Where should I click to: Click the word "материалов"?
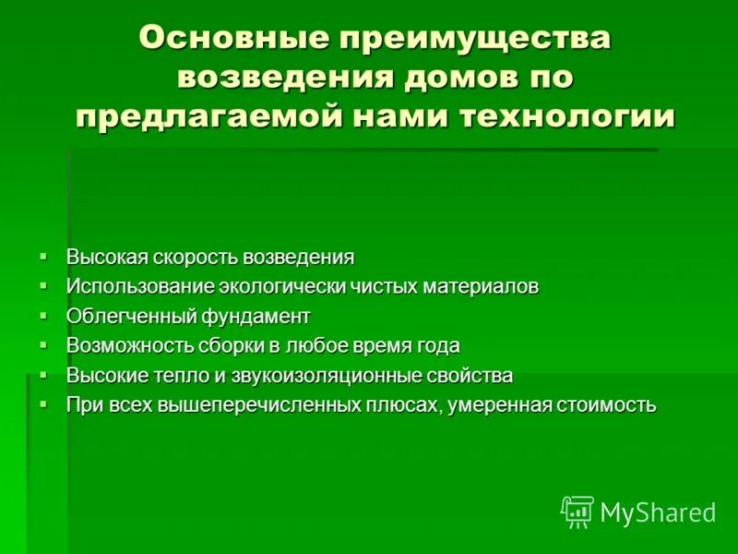click(x=480, y=286)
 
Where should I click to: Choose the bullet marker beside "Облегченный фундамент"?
click(x=43, y=315)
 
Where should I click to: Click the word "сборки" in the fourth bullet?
click(x=226, y=345)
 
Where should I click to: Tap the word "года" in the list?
click(x=438, y=345)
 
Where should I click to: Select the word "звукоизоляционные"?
click(x=350, y=375)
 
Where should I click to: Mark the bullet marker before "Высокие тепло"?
click(x=43, y=374)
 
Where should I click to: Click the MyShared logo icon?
click(x=577, y=512)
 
